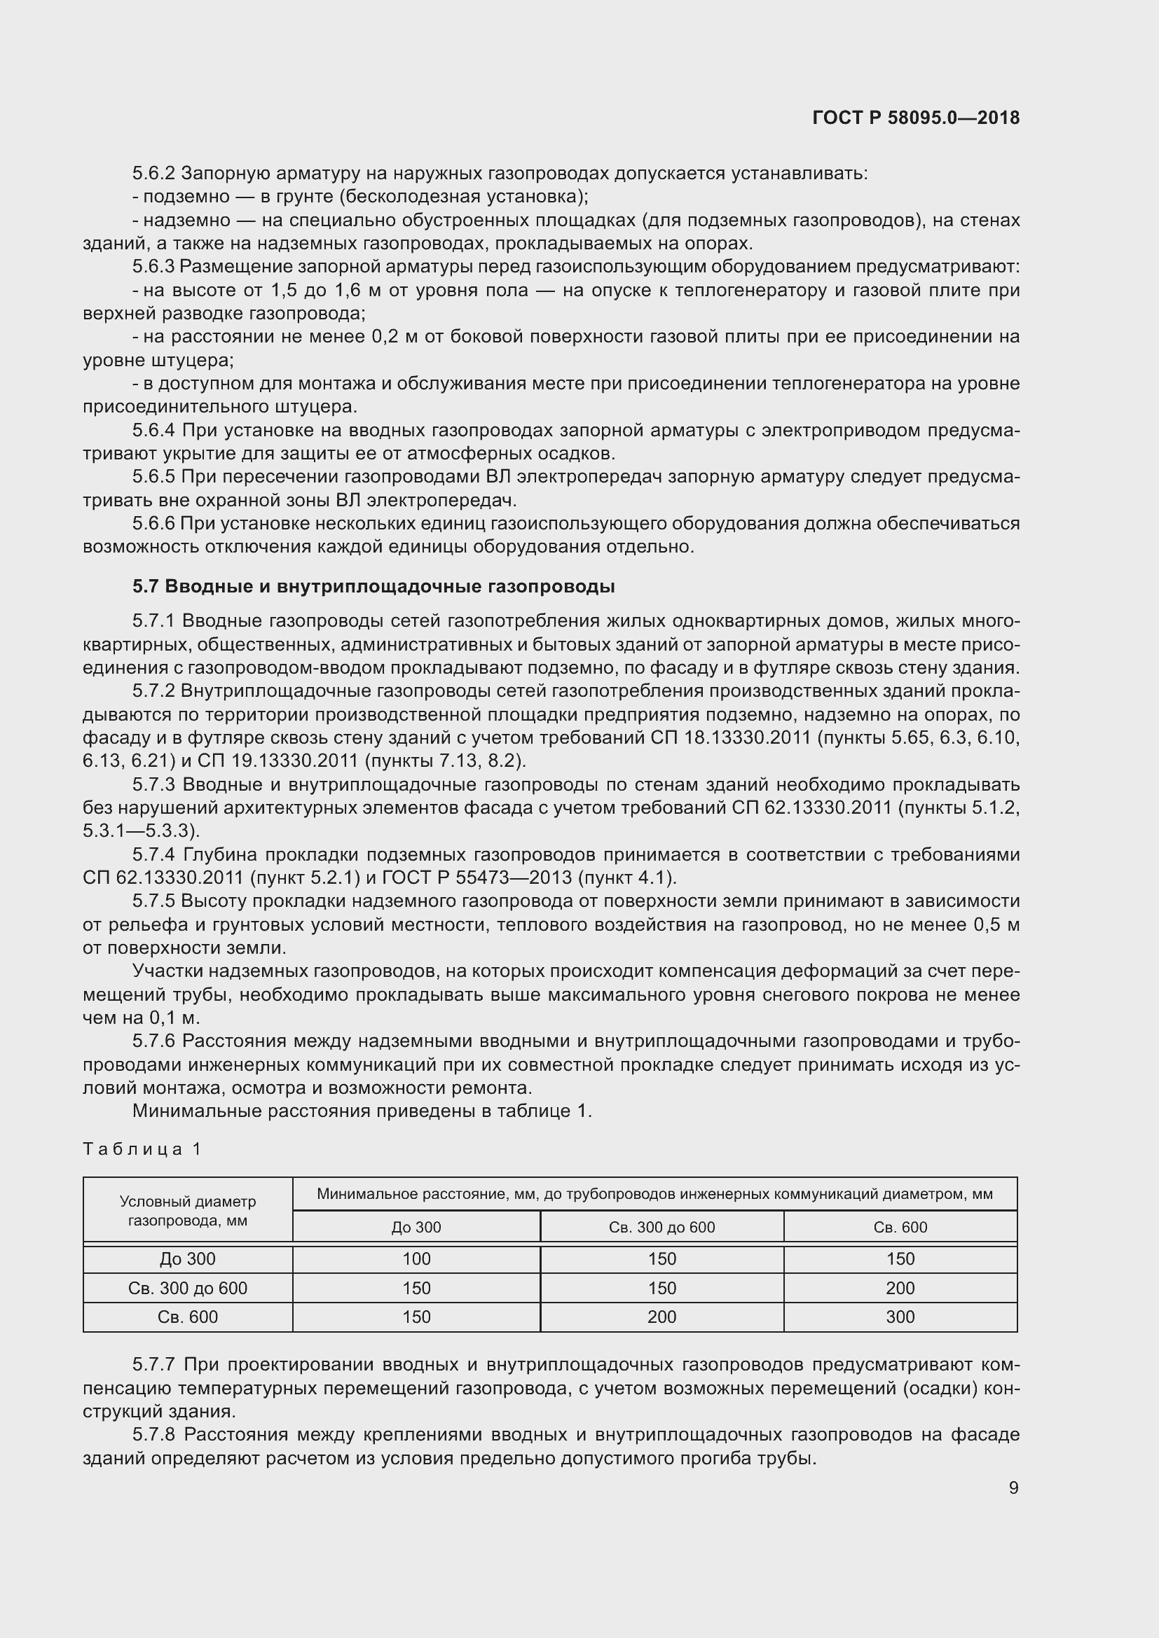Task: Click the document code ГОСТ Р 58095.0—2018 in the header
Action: click(x=916, y=118)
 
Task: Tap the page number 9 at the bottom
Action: click(x=1013, y=1487)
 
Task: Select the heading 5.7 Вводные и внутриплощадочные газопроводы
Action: click(x=373, y=586)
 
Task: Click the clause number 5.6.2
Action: click(x=153, y=174)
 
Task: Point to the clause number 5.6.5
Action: click(x=153, y=477)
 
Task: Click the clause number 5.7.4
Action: click(x=153, y=854)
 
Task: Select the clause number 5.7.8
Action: click(x=153, y=1434)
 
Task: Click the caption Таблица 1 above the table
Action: click(x=143, y=1148)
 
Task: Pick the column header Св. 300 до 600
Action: click(x=661, y=1227)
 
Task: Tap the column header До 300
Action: click(x=416, y=1227)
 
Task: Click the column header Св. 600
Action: click(x=900, y=1227)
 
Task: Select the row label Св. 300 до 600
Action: click(x=188, y=1288)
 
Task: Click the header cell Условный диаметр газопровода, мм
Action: click(x=188, y=1211)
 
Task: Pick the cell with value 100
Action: click(x=416, y=1258)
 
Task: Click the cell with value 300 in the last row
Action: click(x=900, y=1317)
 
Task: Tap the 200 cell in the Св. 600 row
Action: click(x=661, y=1317)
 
